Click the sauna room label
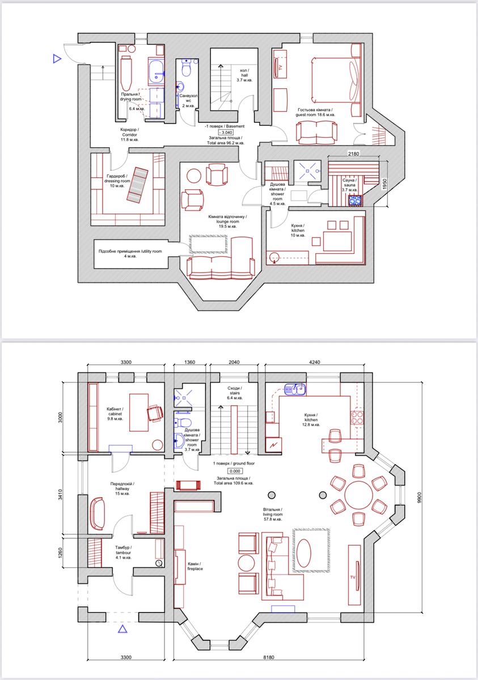pos(349,185)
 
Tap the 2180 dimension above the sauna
pos(353,154)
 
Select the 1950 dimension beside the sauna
pos(384,184)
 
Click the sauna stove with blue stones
pos(356,201)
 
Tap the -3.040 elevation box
pos(226,133)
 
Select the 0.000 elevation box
pos(235,471)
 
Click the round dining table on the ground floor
pos(359,495)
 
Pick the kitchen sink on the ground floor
pos(295,389)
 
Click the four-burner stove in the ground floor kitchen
pos(357,418)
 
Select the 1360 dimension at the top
pos(190,362)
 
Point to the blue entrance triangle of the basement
pos(57,58)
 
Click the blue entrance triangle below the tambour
pos(122,628)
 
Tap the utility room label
pos(130,254)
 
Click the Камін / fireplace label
pos(195,566)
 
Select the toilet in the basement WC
pos(186,68)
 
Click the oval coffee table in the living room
pos(304,554)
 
